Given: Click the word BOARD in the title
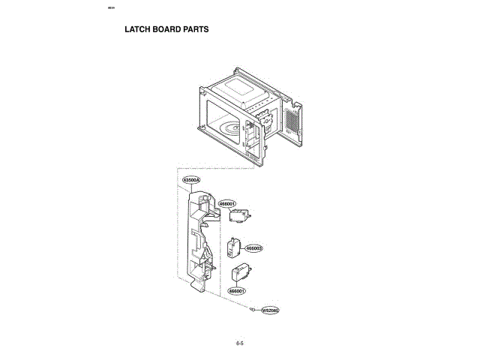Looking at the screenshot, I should tap(167, 31).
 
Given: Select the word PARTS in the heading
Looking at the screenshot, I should tap(196, 31).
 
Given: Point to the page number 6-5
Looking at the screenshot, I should tap(239, 343).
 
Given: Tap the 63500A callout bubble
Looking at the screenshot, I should tap(191, 181).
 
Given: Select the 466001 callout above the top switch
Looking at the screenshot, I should tap(227, 203).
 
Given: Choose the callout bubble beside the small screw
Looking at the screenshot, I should tap(270, 310).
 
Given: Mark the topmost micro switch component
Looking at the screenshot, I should tap(240, 216).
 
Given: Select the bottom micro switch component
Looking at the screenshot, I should tap(241, 274).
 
